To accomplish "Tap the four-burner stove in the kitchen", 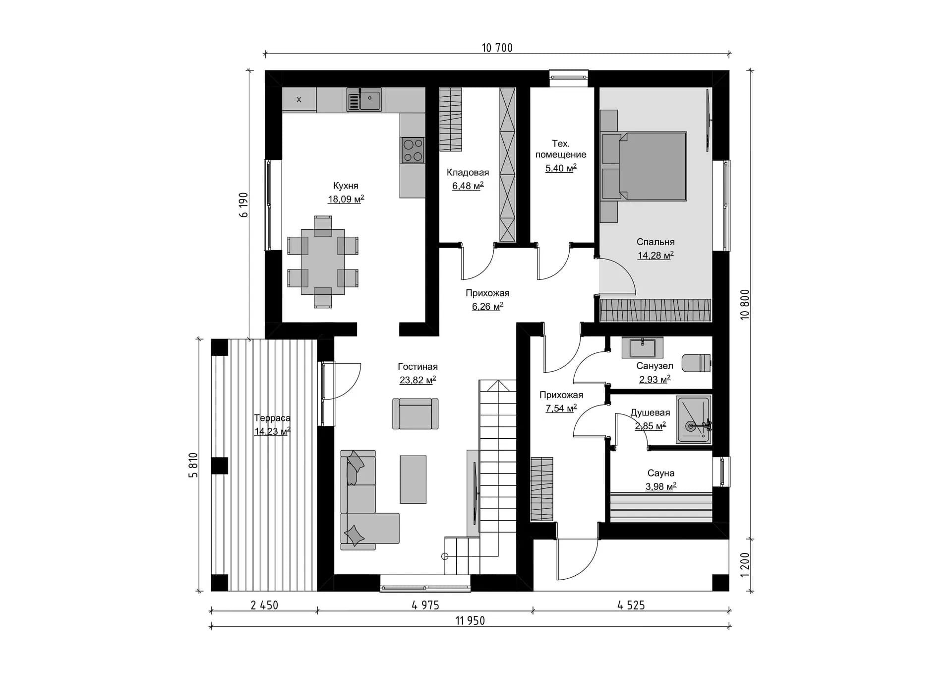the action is [413, 150].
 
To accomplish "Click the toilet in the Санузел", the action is [697, 363].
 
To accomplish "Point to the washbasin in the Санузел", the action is [642, 347].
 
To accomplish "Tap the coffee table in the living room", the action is [413, 479].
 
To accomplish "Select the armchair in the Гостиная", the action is [416, 413].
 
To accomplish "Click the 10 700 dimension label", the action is [497, 48].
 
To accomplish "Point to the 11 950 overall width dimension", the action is [470, 620].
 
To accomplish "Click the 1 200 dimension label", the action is [745, 565].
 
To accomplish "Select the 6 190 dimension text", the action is [243, 205].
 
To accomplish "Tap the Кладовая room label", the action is [468, 172].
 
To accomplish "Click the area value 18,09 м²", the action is [346, 199].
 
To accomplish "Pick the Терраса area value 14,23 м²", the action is [272, 431].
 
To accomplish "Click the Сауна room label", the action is [660, 473].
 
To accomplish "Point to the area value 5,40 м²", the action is [561, 168].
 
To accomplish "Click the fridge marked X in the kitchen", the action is [299, 99].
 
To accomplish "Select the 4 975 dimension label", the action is [425, 605].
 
